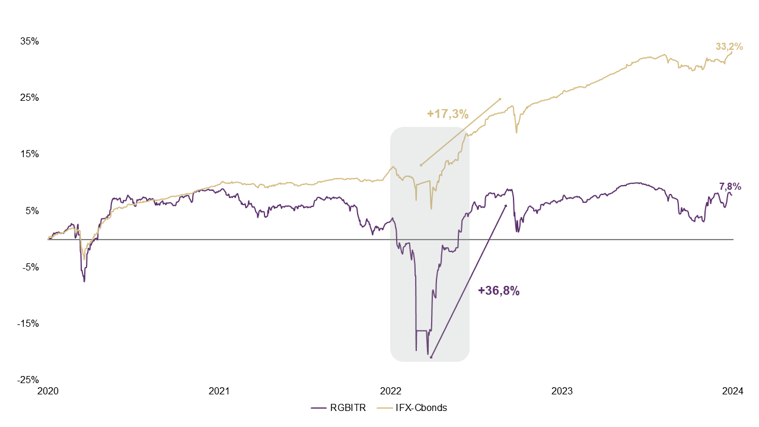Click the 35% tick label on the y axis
[30, 42]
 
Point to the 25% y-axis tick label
[30, 98]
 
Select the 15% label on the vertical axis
[30, 154]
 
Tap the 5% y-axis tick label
[32, 211]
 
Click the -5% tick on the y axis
[31, 267]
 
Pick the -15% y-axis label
[28, 324]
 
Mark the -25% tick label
[28, 380]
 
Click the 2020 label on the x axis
[48, 391]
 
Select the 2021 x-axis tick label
[219, 391]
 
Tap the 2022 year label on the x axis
[391, 391]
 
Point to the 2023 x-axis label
[562, 391]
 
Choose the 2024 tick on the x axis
[733, 391]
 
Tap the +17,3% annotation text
[448, 113]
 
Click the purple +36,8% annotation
[499, 291]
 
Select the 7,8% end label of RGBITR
[730, 187]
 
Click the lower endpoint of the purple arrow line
[431, 358]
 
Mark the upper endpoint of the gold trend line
[500, 99]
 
